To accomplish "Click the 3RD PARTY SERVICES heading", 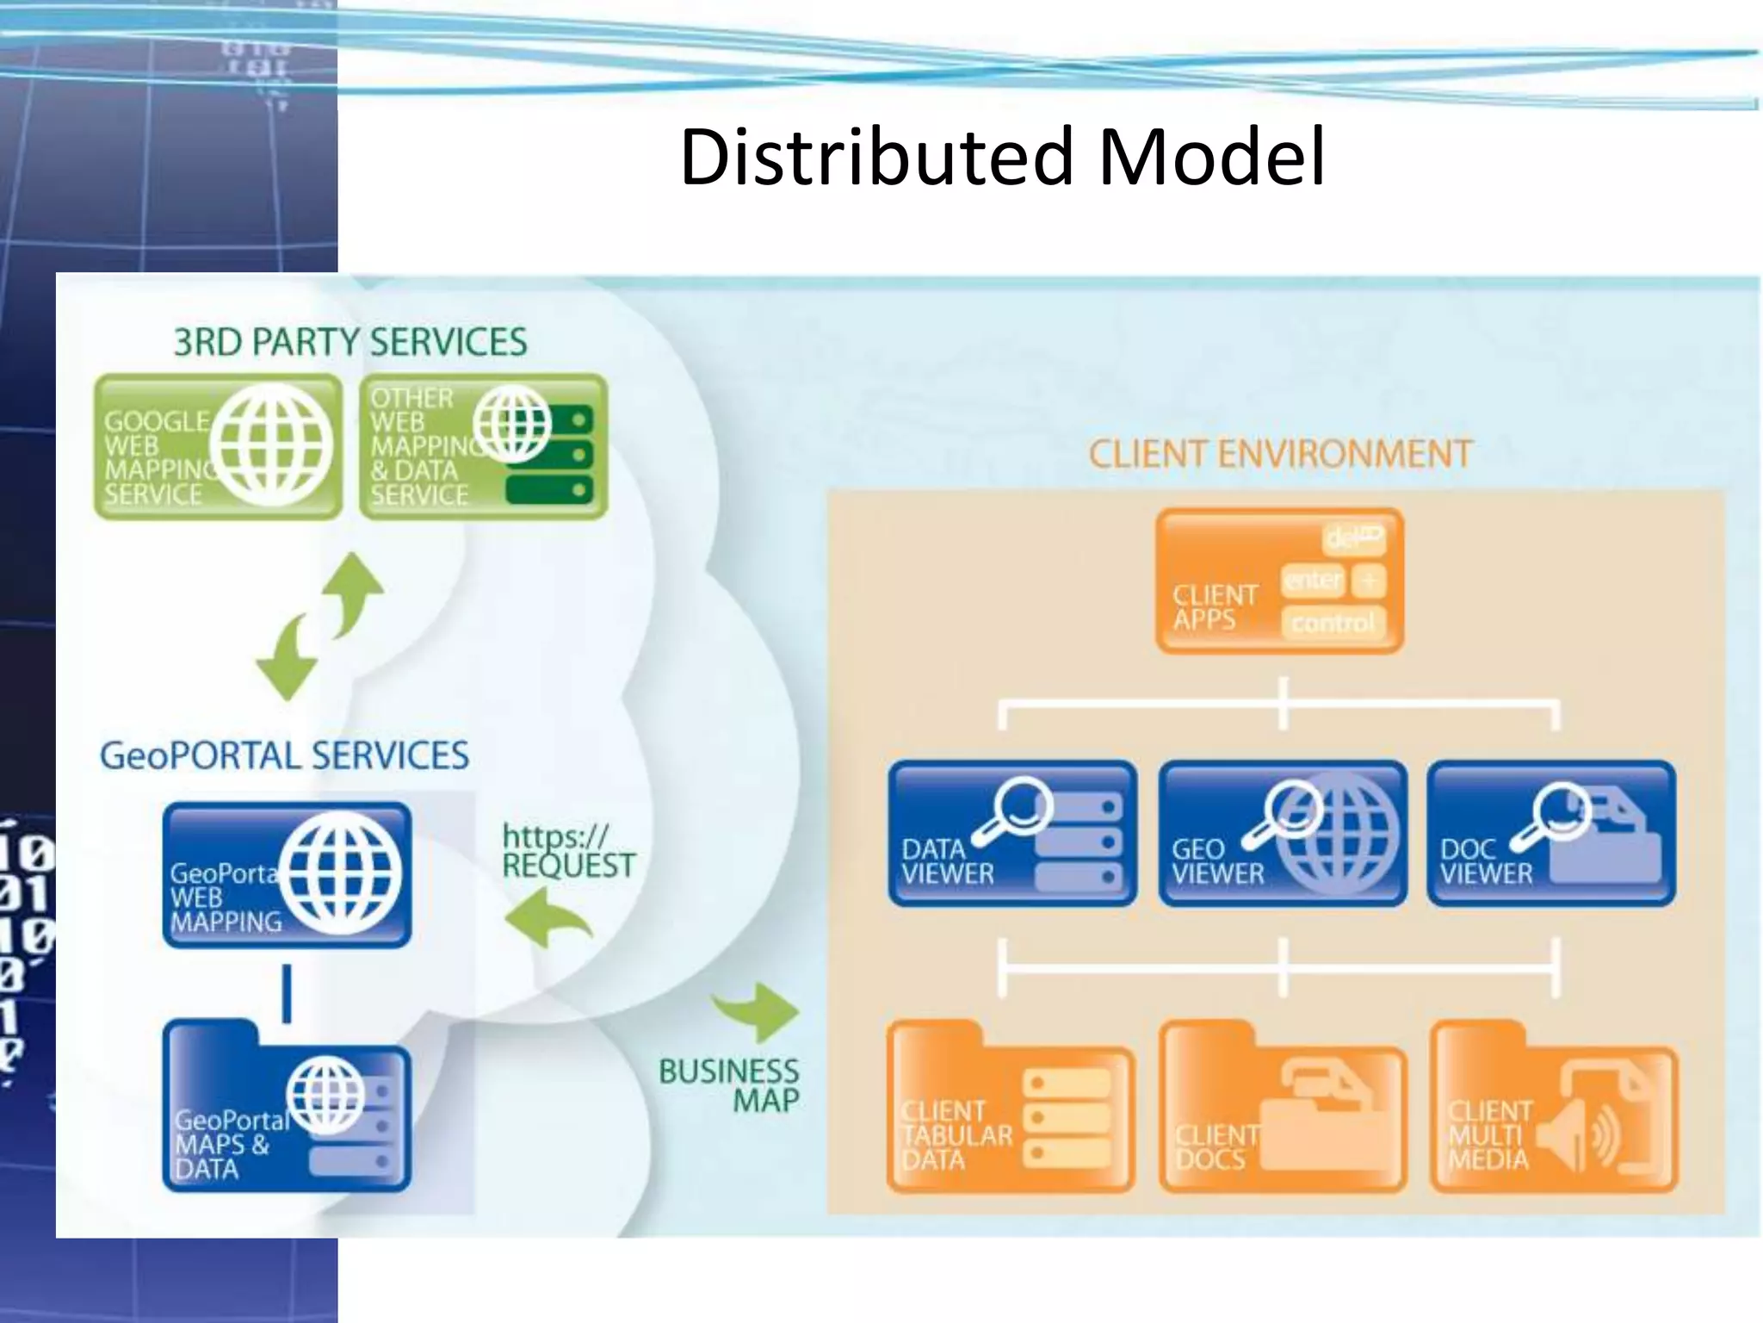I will [350, 342].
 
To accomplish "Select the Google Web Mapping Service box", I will [218, 446].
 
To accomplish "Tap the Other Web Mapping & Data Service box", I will [483, 446].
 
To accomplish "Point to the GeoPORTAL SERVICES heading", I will [284, 755].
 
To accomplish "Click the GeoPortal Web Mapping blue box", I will [287, 875].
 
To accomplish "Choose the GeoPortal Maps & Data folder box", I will [287, 1111].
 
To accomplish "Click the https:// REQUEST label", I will [568, 851].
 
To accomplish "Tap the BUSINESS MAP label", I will [730, 1085].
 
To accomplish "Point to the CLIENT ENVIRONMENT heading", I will [1280, 454].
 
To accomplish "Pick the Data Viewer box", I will [1012, 833].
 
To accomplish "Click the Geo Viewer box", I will [1283, 833].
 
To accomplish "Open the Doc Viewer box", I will [1551, 833].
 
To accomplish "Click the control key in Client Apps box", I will [1333, 622].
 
